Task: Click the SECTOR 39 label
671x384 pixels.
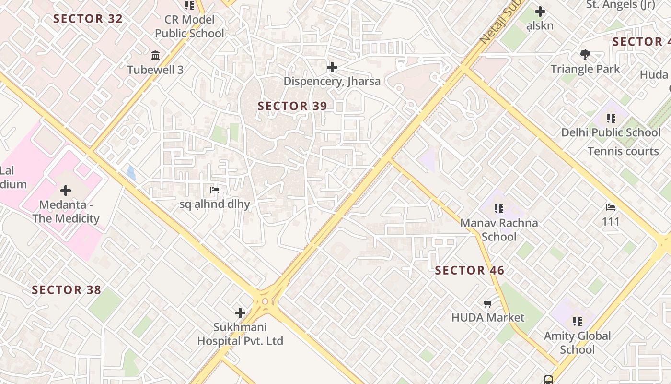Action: [292, 106]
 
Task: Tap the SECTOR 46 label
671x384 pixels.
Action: [470, 271]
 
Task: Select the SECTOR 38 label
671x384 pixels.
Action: [66, 290]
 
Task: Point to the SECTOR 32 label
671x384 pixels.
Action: [88, 19]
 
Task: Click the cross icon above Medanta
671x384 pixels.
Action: [66, 191]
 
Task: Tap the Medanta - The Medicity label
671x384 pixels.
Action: [66, 212]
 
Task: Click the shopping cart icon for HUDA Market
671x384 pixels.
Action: [488, 303]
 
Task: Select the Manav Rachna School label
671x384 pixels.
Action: [499, 229]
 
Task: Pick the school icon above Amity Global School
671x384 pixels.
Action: [577, 321]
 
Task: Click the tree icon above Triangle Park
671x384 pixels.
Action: [585, 55]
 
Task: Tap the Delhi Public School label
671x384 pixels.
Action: [611, 132]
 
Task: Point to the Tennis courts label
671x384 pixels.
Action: [623, 151]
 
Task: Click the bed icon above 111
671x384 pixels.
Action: [611, 207]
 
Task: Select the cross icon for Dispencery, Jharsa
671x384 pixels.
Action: [332, 67]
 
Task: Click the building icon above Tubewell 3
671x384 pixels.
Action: [155, 56]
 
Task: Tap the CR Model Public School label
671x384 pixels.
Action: [189, 26]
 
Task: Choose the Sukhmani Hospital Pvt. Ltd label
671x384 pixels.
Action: [240, 334]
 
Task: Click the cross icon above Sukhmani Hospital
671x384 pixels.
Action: [240, 313]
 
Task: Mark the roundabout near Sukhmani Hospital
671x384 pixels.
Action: [265, 301]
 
